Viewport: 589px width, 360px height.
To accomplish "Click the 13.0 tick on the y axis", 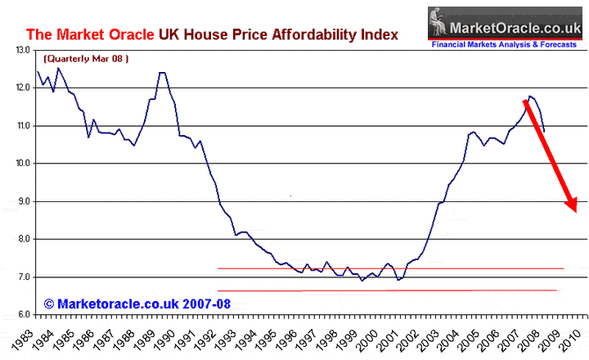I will [22, 50].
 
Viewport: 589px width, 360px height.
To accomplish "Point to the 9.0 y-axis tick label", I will [22, 201].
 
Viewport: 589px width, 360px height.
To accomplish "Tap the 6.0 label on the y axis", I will [22, 315].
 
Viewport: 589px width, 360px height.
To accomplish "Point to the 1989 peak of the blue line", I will [162, 73].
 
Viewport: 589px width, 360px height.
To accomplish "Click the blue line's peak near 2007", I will [530, 97].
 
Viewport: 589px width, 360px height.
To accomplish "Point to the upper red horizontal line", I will [390, 268].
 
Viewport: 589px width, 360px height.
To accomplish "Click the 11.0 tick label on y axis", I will [22, 126].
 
